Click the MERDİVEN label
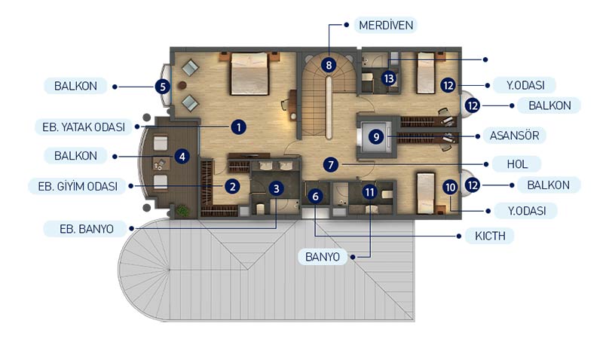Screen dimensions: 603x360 pyautogui.click(x=386, y=25)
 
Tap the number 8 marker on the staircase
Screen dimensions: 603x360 pyautogui.click(x=329, y=65)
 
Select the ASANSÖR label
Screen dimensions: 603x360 pyautogui.click(x=514, y=136)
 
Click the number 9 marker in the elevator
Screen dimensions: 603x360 pyautogui.click(x=376, y=136)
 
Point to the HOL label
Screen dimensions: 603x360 pyautogui.click(x=517, y=164)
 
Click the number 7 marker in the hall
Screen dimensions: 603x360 pyautogui.click(x=331, y=165)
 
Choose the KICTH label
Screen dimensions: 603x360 pyautogui.click(x=490, y=236)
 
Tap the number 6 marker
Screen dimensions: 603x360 pyautogui.click(x=315, y=197)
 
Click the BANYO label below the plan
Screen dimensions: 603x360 pyautogui.click(x=323, y=257)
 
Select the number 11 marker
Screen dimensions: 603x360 pyautogui.click(x=369, y=192)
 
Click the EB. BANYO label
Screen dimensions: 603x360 pyautogui.click(x=86, y=229)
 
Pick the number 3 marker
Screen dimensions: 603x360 pyautogui.click(x=276, y=188)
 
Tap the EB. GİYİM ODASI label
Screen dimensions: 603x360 pyautogui.click(x=78, y=186)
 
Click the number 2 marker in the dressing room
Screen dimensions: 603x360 pyautogui.click(x=232, y=187)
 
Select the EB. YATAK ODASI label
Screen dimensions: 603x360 pyautogui.click(x=84, y=127)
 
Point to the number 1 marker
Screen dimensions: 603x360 pyautogui.click(x=239, y=127)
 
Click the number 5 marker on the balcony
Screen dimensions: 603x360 pyautogui.click(x=163, y=87)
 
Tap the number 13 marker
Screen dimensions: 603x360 pyautogui.click(x=389, y=78)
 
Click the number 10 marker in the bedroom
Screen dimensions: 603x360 pyautogui.click(x=449, y=187)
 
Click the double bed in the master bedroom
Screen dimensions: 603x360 pyautogui.click(x=249, y=74)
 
